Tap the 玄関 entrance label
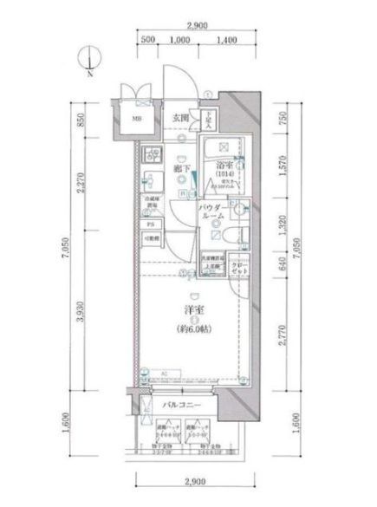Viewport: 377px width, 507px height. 180,117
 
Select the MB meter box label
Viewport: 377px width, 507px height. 137,120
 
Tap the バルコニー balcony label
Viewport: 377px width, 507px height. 181,406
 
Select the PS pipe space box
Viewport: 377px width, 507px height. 150,221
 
